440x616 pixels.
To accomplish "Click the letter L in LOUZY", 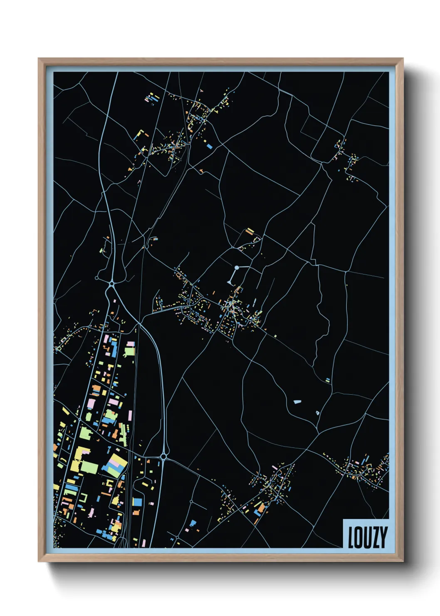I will tap(351, 537).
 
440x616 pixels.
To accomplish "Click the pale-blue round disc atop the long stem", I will tap(237, 268).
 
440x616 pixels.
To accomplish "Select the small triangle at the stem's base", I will tap(230, 283).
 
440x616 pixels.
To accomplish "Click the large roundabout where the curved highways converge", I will tap(111, 284).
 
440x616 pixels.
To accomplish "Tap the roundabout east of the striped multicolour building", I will tap(163, 457).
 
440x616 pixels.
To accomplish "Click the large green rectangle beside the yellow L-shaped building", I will tap(89, 467).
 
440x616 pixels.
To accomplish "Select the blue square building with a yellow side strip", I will tap(137, 502).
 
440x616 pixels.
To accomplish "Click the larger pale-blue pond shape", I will tap(297, 402).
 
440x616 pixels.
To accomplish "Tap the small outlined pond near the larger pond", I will tap(317, 413).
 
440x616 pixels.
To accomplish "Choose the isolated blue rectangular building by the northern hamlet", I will tap(209, 146).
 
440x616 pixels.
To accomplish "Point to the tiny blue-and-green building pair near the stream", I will tap(328, 380).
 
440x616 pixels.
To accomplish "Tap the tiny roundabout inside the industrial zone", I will tap(79, 420).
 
